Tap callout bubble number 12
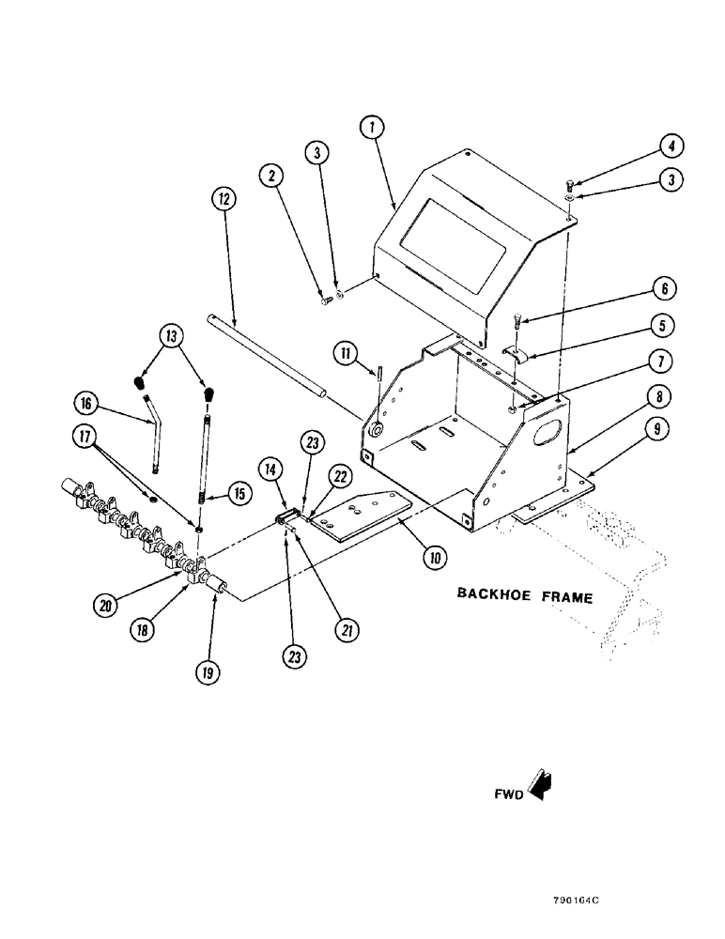[224, 199]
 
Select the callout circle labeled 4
[671, 146]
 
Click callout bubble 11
[346, 354]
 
